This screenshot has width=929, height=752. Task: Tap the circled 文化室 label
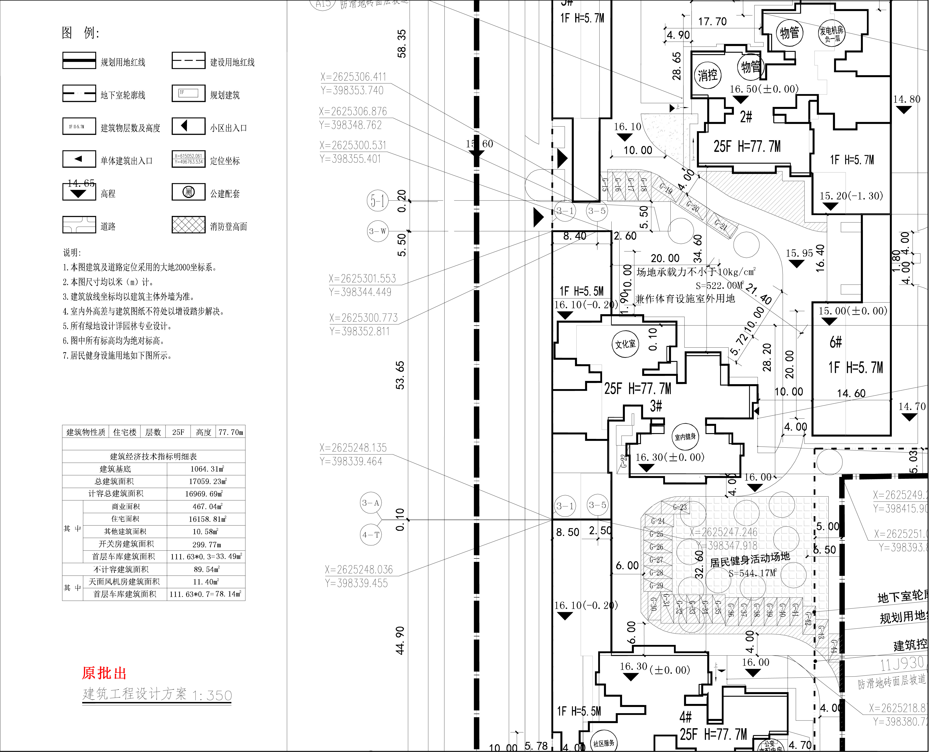(625, 344)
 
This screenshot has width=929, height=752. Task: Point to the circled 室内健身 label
(685, 437)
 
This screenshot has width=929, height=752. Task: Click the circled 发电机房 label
(831, 33)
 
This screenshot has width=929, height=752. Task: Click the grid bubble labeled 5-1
(377, 201)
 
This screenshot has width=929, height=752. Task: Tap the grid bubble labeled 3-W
(377, 231)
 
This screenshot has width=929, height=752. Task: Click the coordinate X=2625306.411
(353, 77)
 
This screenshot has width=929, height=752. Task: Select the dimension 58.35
(402, 43)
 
